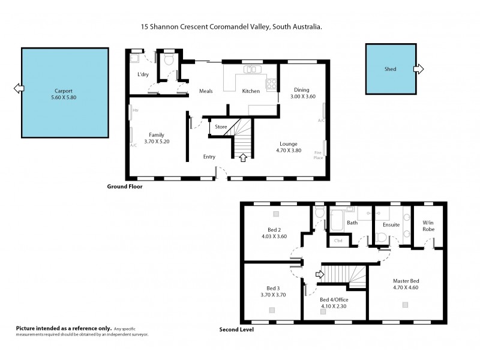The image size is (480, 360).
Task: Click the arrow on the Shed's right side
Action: pos(418,69)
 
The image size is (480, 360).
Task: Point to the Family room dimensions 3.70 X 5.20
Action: pos(157,142)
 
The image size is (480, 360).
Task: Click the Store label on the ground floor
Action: pos(220,127)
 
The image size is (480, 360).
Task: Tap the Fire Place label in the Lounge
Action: pos(319,155)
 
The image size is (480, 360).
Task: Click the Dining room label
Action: pos(301,89)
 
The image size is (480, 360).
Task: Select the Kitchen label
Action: pos(250,91)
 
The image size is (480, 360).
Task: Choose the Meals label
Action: pos(207,91)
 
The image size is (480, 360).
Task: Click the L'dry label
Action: pos(143,74)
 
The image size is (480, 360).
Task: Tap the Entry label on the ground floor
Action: pos(209,157)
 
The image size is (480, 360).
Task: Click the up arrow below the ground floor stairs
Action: pos(243,158)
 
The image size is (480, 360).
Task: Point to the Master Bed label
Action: pos(406,281)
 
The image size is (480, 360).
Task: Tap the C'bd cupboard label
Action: pos(338,241)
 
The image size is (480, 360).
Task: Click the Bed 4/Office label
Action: pos(334,299)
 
